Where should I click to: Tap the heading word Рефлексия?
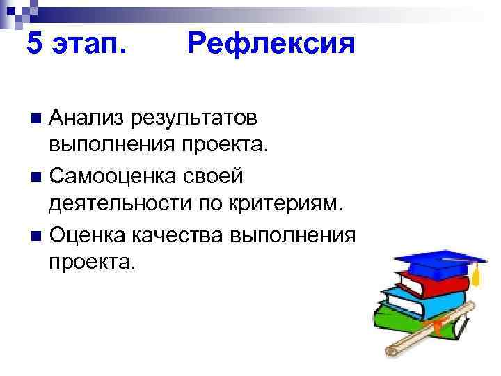click(x=271, y=45)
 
